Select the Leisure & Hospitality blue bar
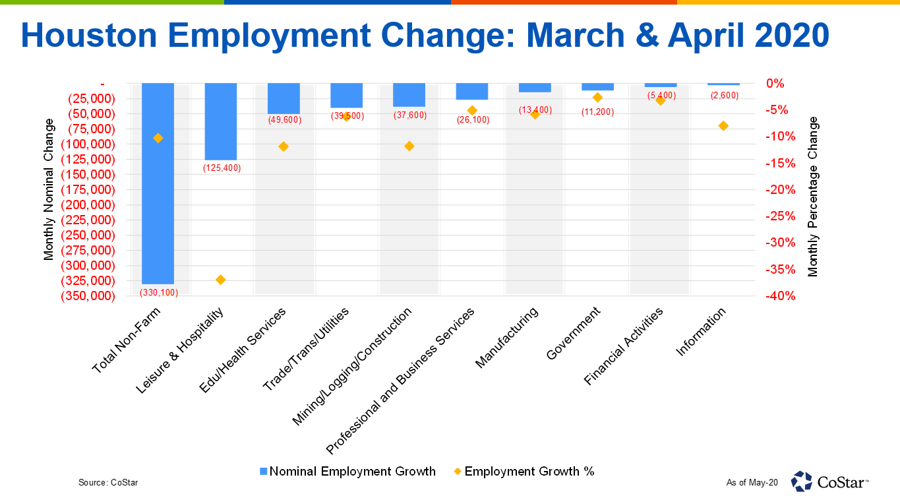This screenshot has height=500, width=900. coord(221,121)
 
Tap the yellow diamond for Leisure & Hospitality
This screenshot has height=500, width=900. coord(221,280)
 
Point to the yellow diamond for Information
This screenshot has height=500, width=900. coord(723,126)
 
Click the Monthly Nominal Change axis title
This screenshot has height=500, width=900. coord(49,189)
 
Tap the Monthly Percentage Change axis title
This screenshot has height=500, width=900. coord(813,197)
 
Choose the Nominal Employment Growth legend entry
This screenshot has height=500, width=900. coord(347,472)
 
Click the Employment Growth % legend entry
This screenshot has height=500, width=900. coord(524,472)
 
